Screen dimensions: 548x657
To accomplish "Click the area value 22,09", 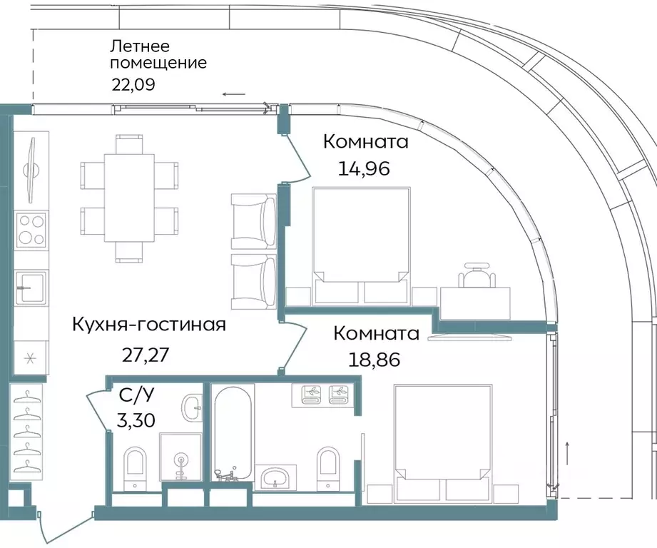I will coord(133,83).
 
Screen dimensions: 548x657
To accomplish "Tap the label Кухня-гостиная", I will coord(149,325).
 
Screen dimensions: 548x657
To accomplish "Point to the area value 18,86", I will coord(374,360).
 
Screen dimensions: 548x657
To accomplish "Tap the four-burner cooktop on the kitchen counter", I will coord(31,229).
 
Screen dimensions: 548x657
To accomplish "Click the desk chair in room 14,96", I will coord(476,274).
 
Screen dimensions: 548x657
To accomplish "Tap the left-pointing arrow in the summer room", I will coord(233,93).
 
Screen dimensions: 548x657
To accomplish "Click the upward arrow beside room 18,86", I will coord(568,452).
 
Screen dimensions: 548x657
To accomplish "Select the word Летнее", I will coord(139,47).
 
